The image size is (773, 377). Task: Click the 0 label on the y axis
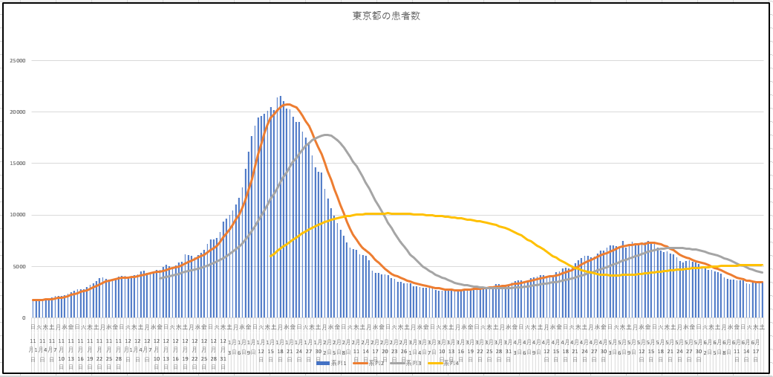pos(23,318)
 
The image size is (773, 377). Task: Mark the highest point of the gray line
pos(326,135)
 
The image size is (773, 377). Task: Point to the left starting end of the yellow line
pos(271,256)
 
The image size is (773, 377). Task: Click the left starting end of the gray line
pos(160,278)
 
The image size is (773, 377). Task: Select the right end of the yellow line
pos(763,265)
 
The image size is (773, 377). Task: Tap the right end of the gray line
pos(763,272)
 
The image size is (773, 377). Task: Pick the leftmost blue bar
pos(33,309)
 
